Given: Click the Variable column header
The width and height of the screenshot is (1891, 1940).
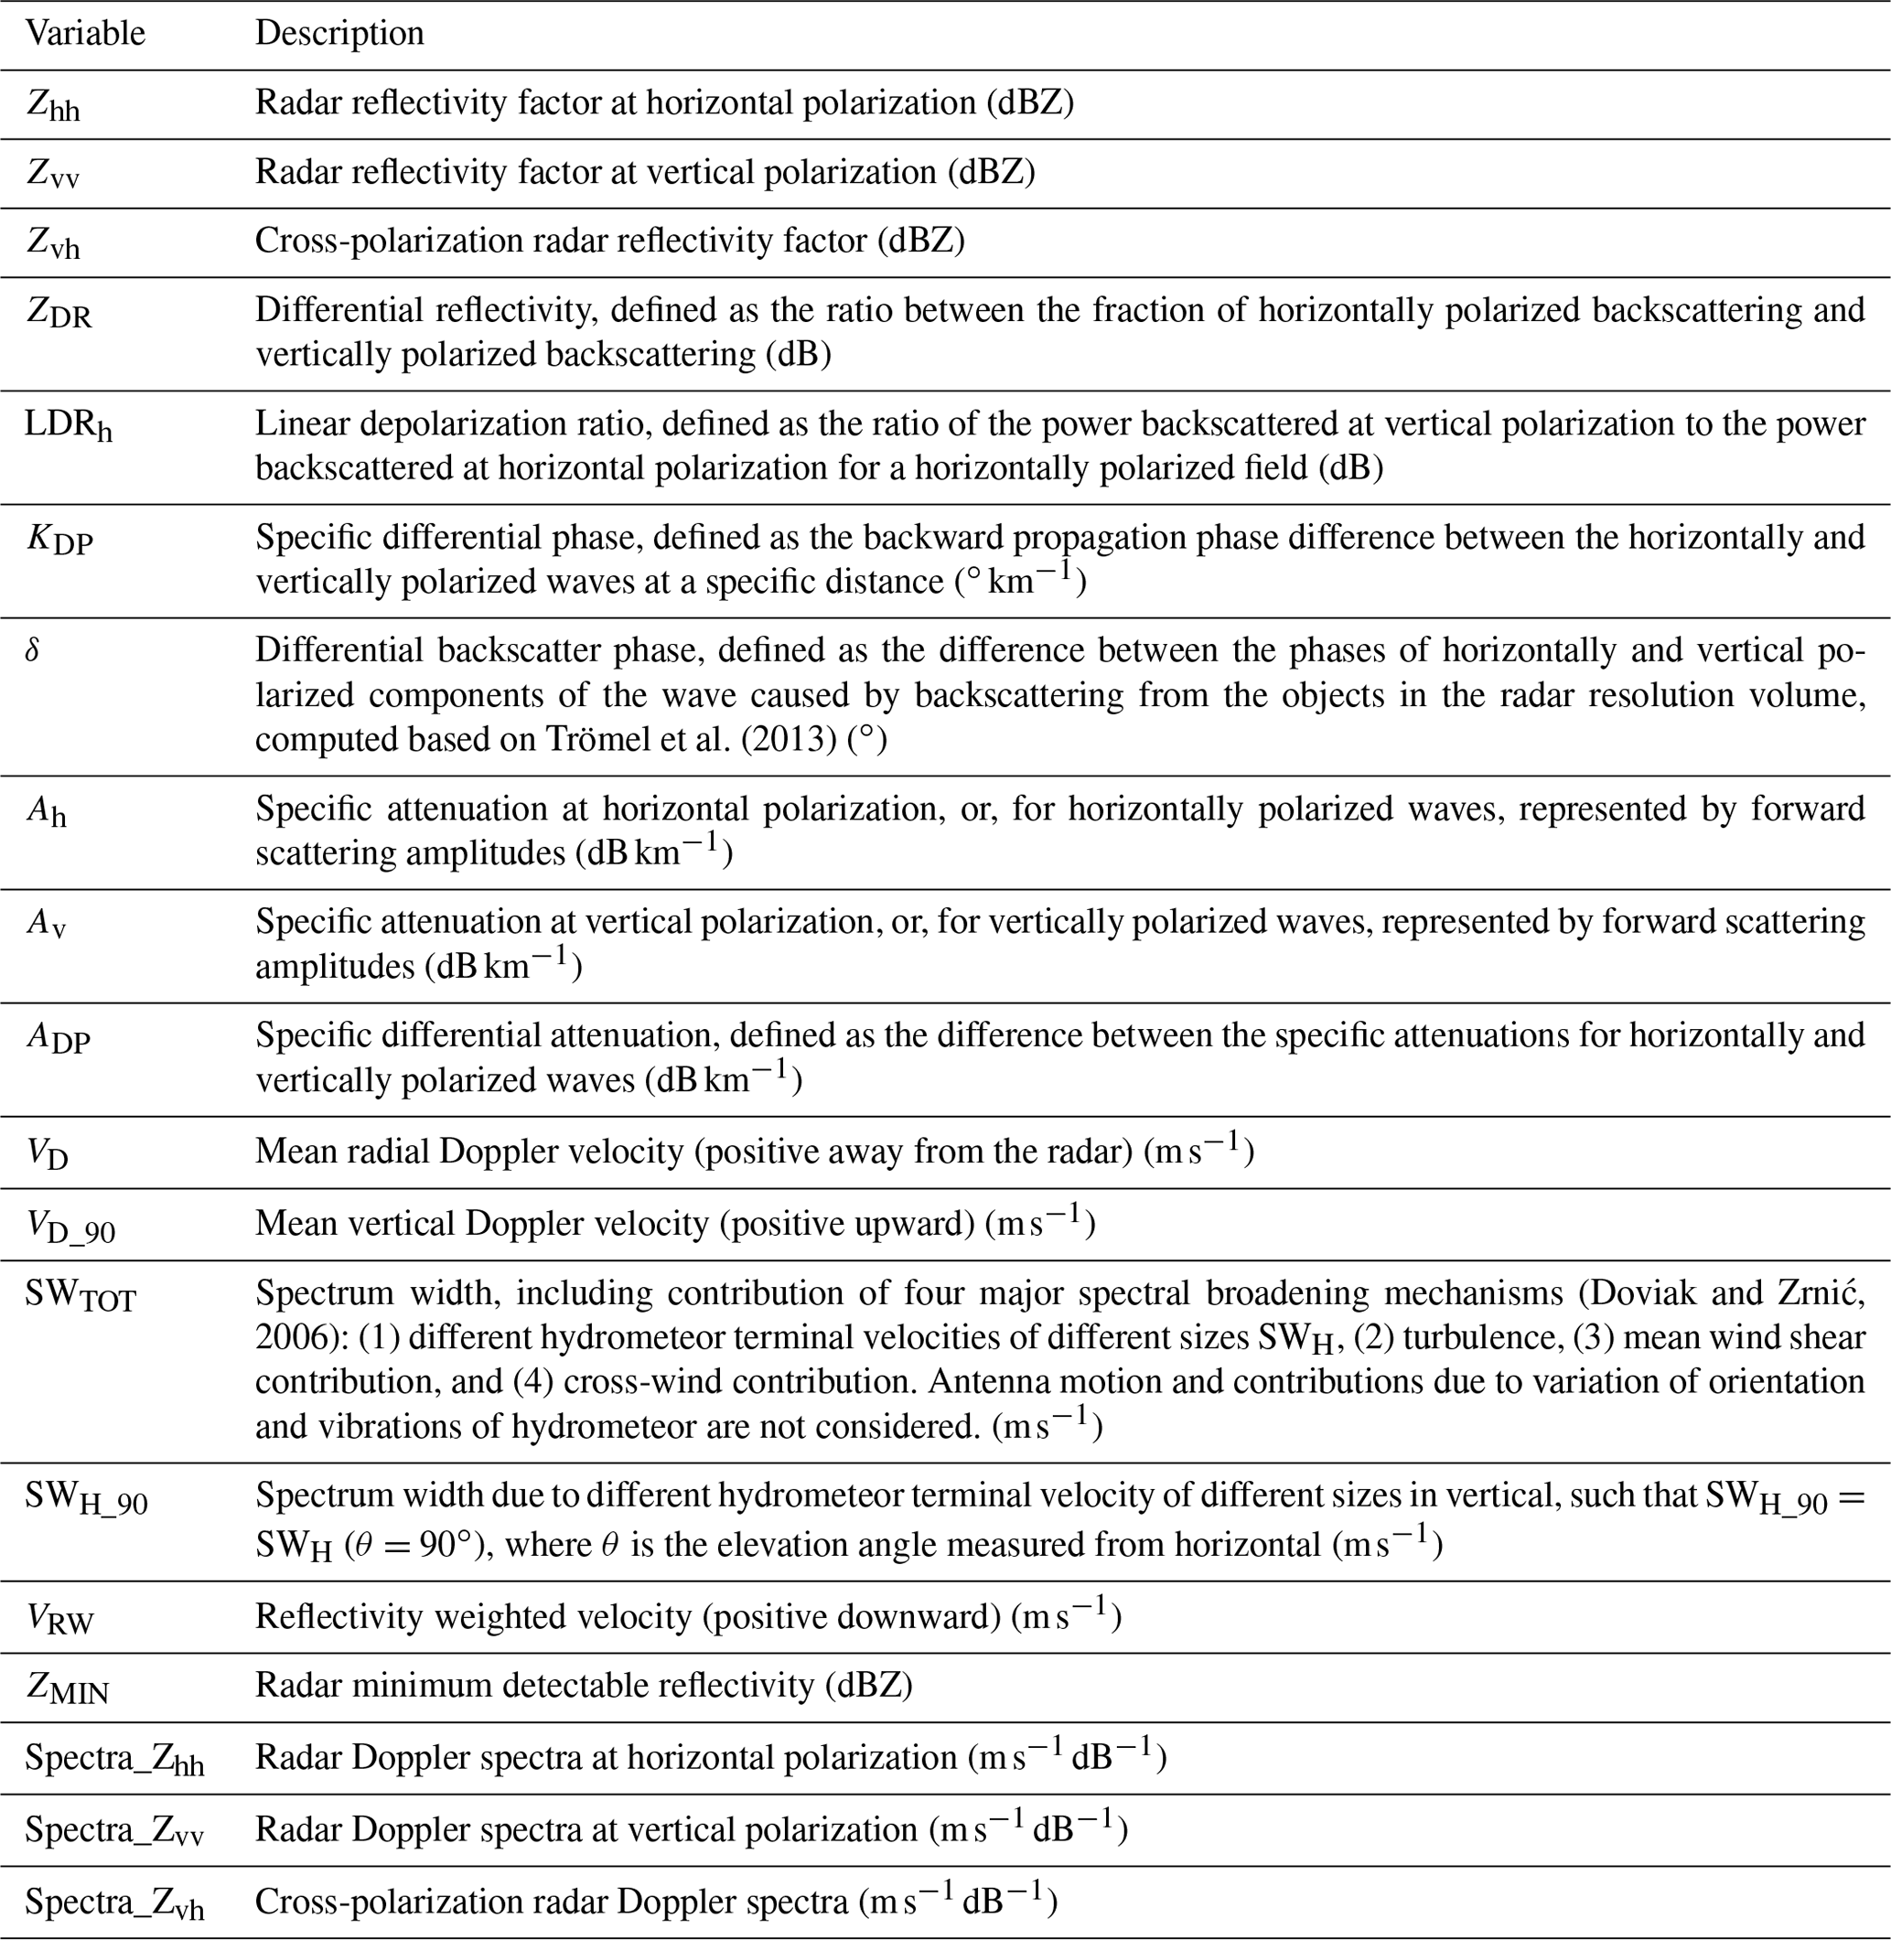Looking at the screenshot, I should pos(85,34).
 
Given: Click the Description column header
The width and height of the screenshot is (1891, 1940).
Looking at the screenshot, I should pos(339,34).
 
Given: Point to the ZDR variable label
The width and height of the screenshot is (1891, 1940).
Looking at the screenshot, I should pos(59,314).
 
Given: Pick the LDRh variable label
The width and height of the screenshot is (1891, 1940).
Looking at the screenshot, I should pos(69,426).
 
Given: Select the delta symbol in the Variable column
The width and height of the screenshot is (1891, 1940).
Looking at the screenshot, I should pos(33,651).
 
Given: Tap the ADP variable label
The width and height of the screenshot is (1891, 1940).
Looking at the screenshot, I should pos(58,1038).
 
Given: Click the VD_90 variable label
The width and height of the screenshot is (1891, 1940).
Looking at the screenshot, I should pos(70,1227).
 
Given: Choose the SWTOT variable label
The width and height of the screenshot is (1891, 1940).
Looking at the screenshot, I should pos(81,1297).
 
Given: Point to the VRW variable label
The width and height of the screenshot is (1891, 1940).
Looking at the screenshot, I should pos(59,1619).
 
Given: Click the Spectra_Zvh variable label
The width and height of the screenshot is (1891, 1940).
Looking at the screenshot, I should pos(115,1903).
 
